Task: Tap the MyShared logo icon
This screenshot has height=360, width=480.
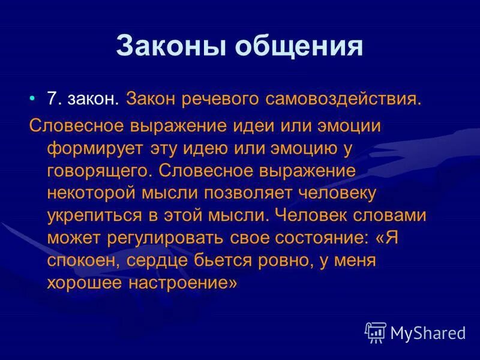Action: [376, 332]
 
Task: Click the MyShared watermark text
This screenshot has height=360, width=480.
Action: [428, 332]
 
